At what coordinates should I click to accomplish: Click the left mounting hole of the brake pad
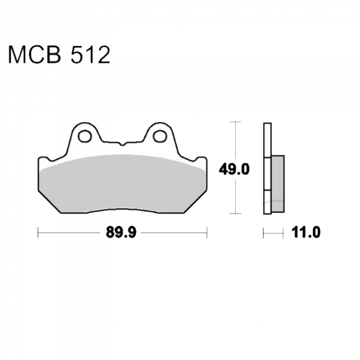[85, 136]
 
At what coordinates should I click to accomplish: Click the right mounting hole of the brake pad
[160, 136]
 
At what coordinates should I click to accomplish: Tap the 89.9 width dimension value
[121, 232]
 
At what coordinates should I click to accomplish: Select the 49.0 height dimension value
[234, 170]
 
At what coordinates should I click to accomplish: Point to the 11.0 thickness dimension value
[306, 232]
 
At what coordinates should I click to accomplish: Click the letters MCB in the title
[35, 55]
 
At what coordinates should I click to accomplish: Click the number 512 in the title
[90, 55]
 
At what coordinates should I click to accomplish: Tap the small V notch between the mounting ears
[122, 144]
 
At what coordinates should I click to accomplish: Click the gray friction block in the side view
[278, 184]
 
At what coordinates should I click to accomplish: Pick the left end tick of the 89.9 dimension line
[38, 232]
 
